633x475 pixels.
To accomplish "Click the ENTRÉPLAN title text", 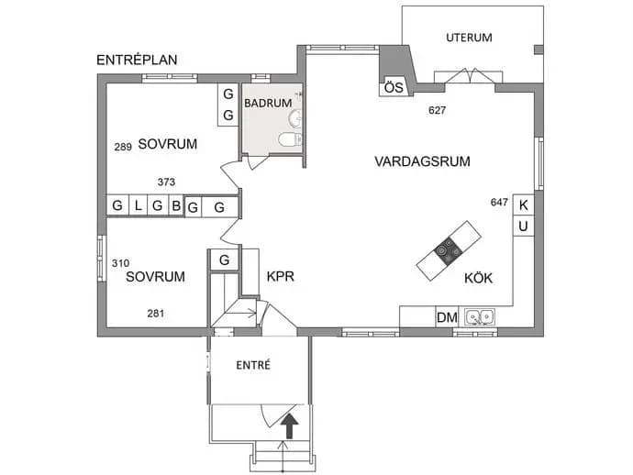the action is click(x=137, y=61).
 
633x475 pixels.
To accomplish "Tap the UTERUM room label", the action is click(x=469, y=38).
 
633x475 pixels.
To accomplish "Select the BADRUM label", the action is click(x=268, y=104).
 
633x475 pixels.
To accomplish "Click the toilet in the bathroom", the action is click(x=290, y=139).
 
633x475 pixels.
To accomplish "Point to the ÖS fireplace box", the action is click(x=394, y=87).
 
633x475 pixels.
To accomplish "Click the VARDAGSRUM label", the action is click(x=422, y=161).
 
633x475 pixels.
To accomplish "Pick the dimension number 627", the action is click(x=438, y=110).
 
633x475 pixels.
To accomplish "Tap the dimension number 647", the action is click(x=499, y=202).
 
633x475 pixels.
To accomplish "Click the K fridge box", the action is click(x=523, y=205).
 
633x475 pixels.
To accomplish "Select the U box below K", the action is click(x=523, y=226).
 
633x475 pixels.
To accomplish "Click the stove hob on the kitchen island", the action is click(x=448, y=251).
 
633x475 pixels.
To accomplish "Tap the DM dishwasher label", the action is click(x=448, y=317).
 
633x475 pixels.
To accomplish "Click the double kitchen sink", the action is click(x=479, y=316).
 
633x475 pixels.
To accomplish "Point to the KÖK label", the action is click(x=478, y=278).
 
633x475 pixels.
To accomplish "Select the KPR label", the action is click(x=280, y=276).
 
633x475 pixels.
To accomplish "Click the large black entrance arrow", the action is click(x=290, y=426).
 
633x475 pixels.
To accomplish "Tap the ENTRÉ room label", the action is click(x=253, y=365).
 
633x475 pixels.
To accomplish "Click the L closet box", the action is click(x=138, y=205).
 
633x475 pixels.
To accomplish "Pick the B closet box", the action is click(x=176, y=205).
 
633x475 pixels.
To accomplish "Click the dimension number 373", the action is click(x=166, y=182).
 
